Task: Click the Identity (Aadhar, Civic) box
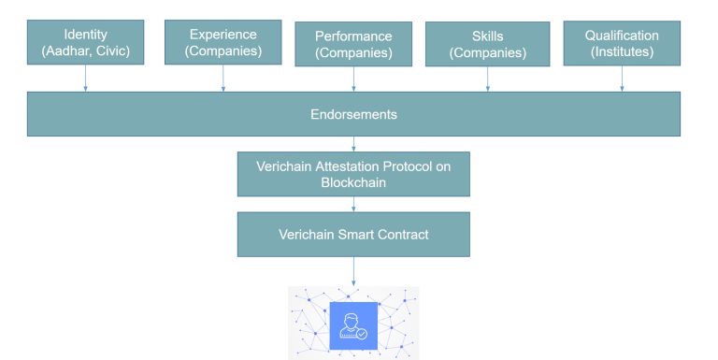86,43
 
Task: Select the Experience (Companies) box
223,42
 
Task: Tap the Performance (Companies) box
354,44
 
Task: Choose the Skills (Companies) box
487,44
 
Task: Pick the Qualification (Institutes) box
622,43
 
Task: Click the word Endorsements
353,115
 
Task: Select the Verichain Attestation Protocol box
353,174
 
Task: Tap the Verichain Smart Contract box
353,234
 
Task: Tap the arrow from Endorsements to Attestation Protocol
353,144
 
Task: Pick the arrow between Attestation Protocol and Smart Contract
353,204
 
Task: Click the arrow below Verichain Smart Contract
353,271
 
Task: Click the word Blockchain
353,182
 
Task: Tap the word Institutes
625,52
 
